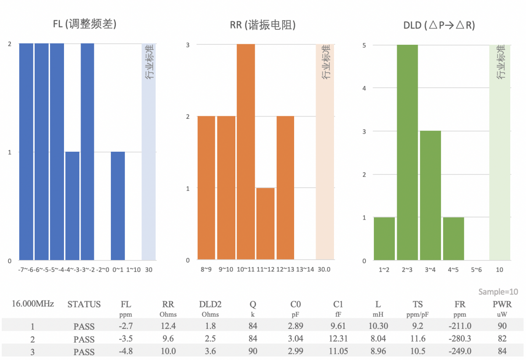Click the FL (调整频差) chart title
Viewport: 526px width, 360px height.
click(x=84, y=25)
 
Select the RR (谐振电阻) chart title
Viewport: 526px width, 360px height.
click(x=263, y=25)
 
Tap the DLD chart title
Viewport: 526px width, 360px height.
click(x=439, y=25)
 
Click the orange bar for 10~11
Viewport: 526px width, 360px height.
click(x=246, y=152)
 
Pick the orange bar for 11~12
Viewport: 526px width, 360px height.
click(x=265, y=224)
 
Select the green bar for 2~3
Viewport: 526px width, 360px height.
click(x=407, y=152)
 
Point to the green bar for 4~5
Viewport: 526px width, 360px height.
click(x=453, y=239)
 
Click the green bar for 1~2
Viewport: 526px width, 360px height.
click(x=384, y=239)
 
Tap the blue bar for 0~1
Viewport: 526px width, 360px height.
click(x=118, y=206)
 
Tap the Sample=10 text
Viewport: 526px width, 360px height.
click(x=498, y=292)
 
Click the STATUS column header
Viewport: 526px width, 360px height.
click(x=84, y=304)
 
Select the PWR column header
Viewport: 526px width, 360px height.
click(x=502, y=304)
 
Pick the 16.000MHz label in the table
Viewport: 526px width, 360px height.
click(x=33, y=303)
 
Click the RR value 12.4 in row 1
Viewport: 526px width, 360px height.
click(x=168, y=326)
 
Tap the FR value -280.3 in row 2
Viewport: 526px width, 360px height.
click(x=460, y=339)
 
